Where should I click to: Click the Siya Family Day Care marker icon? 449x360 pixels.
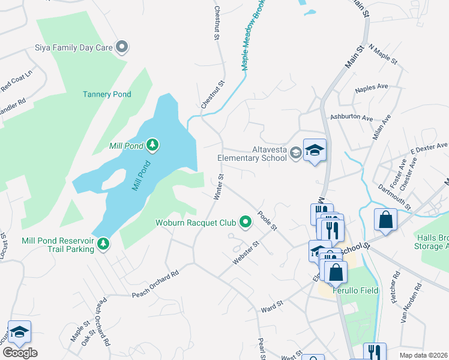pyautogui.click(x=122, y=47)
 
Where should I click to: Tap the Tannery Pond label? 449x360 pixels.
pyautogui.click(x=106, y=94)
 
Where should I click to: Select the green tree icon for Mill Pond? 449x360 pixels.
pyautogui.click(x=152, y=145)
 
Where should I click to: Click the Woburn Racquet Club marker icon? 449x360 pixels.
pyautogui.click(x=245, y=223)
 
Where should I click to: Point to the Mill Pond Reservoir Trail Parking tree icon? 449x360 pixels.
pyautogui.click(x=104, y=243)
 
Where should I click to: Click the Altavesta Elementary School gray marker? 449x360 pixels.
pyautogui.click(x=295, y=154)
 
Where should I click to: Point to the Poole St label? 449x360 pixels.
pyautogui.click(x=267, y=220)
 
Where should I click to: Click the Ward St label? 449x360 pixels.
pyautogui.click(x=271, y=308)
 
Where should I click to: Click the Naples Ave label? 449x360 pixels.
pyautogui.click(x=372, y=88)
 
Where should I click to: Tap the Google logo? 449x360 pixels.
pyautogui.click(x=20, y=353)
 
